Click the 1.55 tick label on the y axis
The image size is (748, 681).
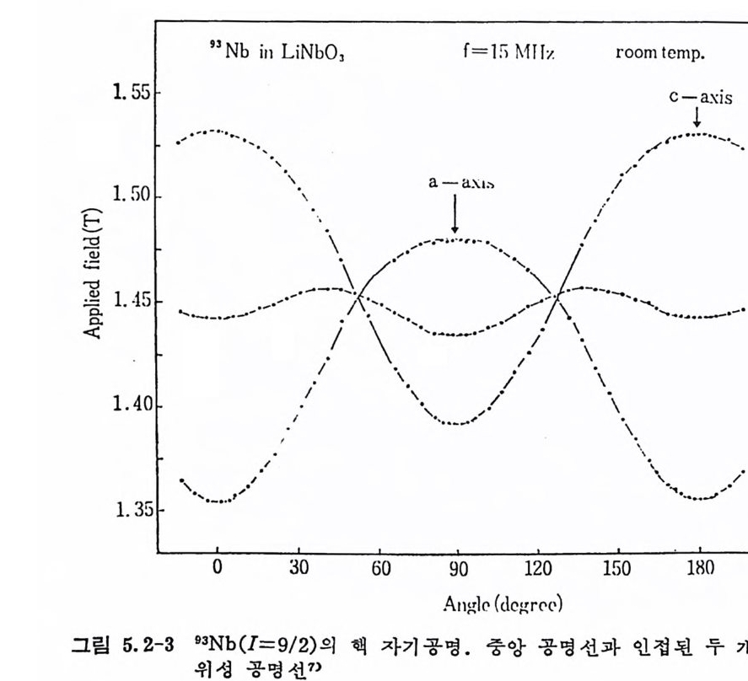(131, 92)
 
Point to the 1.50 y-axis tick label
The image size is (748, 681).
(131, 196)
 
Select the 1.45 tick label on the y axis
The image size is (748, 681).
(131, 301)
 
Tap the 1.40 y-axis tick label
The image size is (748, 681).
(131, 405)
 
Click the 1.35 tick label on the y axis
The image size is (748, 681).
(131, 510)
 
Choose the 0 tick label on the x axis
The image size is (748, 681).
(217, 567)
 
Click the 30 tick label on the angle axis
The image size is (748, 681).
(299, 567)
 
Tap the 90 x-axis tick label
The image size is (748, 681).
(458, 567)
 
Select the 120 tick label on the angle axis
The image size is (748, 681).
(536, 567)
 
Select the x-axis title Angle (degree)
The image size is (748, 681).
(502, 604)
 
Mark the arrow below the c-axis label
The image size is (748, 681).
(697, 120)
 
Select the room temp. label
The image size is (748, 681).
(660, 53)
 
